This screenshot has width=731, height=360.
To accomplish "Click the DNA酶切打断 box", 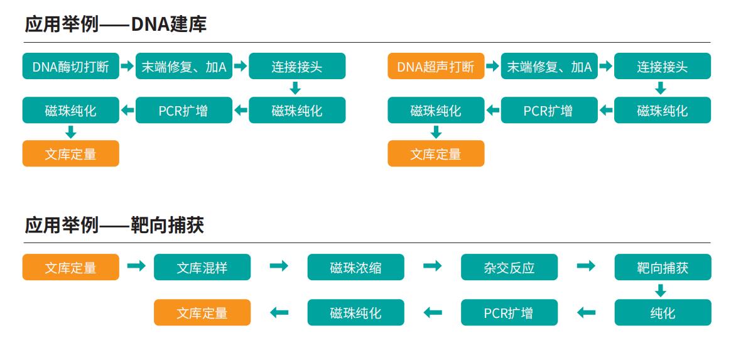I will coord(70,66).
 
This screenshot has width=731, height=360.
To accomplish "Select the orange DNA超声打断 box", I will coord(436,66).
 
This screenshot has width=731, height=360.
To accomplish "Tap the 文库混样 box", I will coord(202,268).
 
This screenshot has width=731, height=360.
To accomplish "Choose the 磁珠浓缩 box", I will coord(355,268).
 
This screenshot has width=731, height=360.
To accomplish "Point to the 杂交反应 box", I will coord(509,268).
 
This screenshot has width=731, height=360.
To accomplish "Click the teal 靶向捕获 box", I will coord(663,268).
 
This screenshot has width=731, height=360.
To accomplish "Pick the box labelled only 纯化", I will coord(663,312).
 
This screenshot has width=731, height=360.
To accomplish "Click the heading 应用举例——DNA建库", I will coord(116,25).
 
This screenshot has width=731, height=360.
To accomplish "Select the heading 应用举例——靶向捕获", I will coord(114,225).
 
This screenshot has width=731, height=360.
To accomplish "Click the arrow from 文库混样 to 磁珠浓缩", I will coord(279,266).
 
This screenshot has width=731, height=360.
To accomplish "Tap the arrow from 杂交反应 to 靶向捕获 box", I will coord(586,266).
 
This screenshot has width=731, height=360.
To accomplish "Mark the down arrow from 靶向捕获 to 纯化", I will coord(660,290).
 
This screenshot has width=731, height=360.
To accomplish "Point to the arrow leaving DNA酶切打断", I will coord(127,65).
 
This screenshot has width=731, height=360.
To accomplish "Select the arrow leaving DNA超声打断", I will coord(492,65).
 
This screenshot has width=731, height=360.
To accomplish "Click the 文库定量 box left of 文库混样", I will coord(70,268).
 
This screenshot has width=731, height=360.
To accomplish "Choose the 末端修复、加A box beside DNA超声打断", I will coord(550,66).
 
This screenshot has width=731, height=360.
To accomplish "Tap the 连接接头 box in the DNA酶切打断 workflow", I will coord(297,66).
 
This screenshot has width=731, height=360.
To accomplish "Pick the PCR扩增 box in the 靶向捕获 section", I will coord(509,312).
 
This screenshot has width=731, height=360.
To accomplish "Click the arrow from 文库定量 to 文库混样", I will coord(136,266).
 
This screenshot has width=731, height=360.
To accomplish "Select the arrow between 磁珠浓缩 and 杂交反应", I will coord(433,266).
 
